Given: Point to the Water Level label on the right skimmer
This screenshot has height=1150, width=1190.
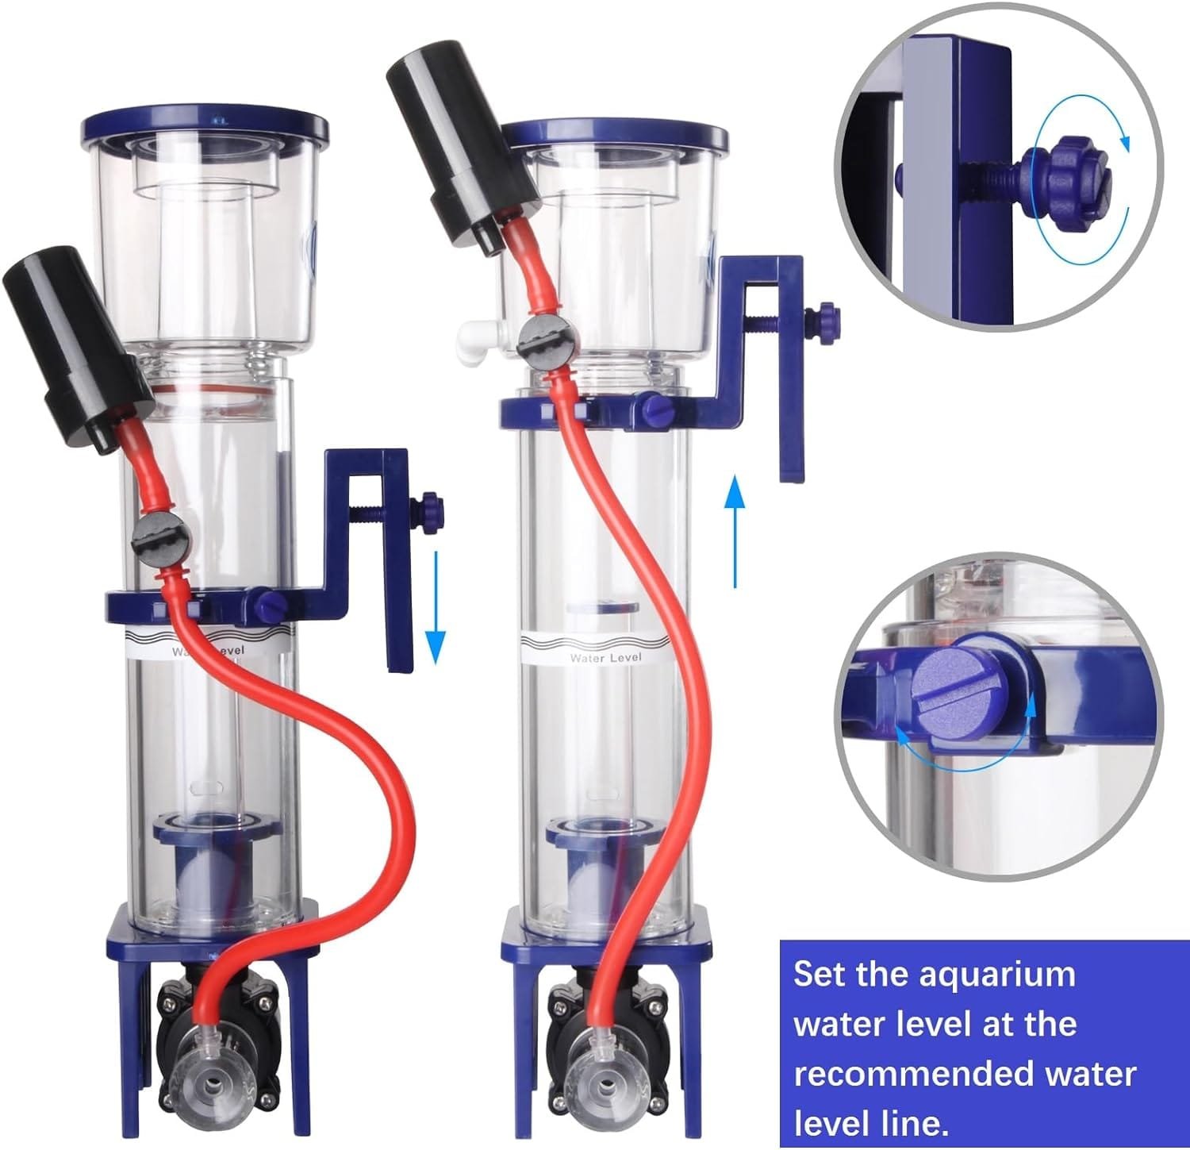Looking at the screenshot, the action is [x=605, y=658].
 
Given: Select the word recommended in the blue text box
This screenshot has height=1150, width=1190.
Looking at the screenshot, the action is [x=965, y=1074].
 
